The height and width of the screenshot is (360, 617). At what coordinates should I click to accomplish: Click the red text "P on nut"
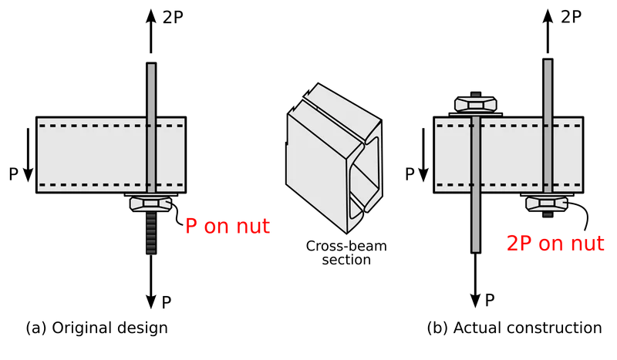(x=228, y=226)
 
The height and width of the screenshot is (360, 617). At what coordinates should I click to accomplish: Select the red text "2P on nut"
(x=555, y=243)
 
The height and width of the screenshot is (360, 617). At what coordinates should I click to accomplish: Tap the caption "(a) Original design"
(x=97, y=328)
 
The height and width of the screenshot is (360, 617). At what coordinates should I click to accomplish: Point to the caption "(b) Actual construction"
(x=514, y=328)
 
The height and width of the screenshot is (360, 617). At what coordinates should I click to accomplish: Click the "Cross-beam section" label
(x=346, y=253)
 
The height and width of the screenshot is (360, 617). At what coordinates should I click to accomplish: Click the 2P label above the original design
(x=173, y=17)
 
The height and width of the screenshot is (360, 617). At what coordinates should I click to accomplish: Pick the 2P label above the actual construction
(x=571, y=16)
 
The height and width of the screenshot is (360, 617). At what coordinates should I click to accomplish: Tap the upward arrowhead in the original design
(x=151, y=16)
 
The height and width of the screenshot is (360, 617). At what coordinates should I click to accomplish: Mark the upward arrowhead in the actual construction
(x=548, y=16)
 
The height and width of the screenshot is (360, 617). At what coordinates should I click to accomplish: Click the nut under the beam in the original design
(x=150, y=204)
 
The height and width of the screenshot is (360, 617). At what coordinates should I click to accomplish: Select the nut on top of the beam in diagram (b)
(x=476, y=104)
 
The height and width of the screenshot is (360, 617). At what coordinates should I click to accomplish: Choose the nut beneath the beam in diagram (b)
(x=548, y=204)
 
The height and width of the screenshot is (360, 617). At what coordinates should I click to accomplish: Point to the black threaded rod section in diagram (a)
(x=151, y=233)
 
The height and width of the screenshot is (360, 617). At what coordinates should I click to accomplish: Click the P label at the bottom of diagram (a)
(x=167, y=302)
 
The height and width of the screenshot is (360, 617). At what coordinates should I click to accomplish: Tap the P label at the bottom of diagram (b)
(x=490, y=300)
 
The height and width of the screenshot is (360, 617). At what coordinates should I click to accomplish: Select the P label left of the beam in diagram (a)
(x=13, y=174)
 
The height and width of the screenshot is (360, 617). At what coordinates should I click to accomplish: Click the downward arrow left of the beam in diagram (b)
(x=423, y=155)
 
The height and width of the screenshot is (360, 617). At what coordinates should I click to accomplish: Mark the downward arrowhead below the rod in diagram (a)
(x=151, y=301)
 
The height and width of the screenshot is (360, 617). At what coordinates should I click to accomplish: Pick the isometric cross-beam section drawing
(x=334, y=158)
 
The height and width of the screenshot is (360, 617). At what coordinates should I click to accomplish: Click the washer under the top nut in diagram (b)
(x=476, y=115)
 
